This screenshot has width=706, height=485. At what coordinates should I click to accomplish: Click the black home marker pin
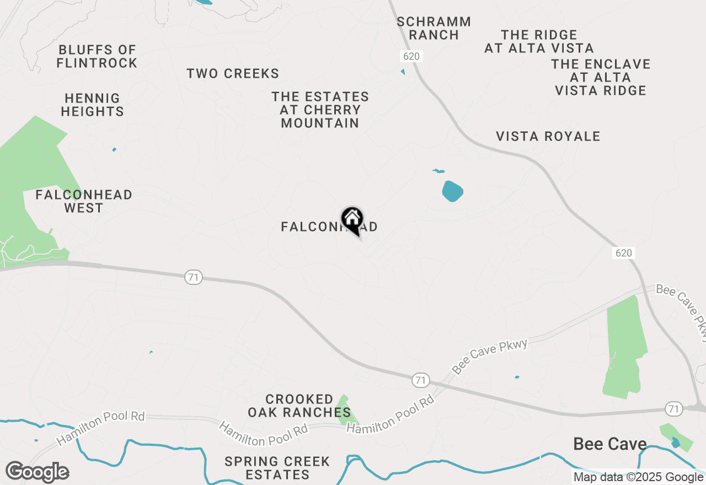click(352, 219)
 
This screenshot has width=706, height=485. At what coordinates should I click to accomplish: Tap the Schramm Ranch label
click(434, 29)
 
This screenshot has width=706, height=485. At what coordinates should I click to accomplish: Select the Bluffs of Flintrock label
click(97, 57)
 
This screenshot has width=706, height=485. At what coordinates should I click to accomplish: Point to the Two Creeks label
click(233, 74)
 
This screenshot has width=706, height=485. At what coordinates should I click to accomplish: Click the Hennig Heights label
click(92, 105)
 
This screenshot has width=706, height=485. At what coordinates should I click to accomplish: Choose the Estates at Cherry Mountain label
click(320, 110)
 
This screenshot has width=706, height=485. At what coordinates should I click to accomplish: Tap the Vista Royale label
click(548, 137)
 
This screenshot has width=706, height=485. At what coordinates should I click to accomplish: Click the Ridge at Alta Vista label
click(539, 42)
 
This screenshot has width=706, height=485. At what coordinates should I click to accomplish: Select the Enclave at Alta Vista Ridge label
click(601, 78)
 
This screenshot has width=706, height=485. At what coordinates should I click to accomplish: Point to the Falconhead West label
click(84, 202)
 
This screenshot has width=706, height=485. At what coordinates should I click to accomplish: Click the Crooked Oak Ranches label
click(299, 406)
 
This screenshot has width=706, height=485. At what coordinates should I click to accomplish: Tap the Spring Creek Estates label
click(277, 468)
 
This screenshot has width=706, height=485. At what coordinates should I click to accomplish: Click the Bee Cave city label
click(609, 444)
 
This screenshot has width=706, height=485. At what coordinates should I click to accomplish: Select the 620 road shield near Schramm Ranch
click(411, 56)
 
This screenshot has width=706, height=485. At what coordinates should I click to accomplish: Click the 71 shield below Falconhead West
click(193, 278)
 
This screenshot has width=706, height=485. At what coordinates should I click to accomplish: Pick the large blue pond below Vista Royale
click(452, 191)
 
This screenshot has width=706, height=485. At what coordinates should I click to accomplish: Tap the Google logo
click(37, 472)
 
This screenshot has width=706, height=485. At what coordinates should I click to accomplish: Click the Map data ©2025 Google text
click(638, 477)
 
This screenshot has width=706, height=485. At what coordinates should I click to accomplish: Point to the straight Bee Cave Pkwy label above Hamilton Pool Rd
click(490, 356)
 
